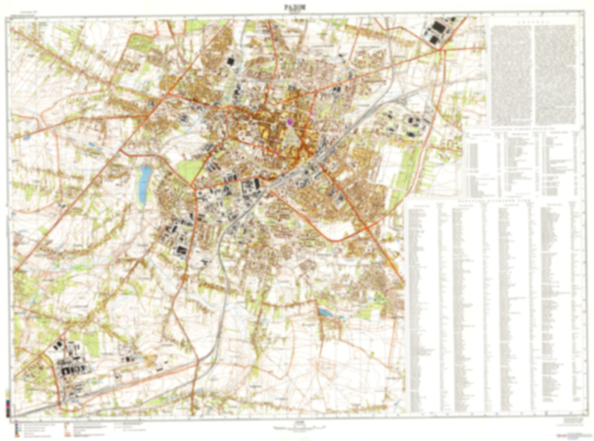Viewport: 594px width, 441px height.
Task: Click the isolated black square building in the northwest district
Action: [230, 61]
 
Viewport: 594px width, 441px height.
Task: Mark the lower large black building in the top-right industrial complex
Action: [434, 39]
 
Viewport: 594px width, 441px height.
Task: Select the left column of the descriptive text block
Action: [511, 74]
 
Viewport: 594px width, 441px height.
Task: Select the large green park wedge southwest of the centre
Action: [190, 170]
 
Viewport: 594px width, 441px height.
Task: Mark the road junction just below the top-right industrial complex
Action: [441, 50]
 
